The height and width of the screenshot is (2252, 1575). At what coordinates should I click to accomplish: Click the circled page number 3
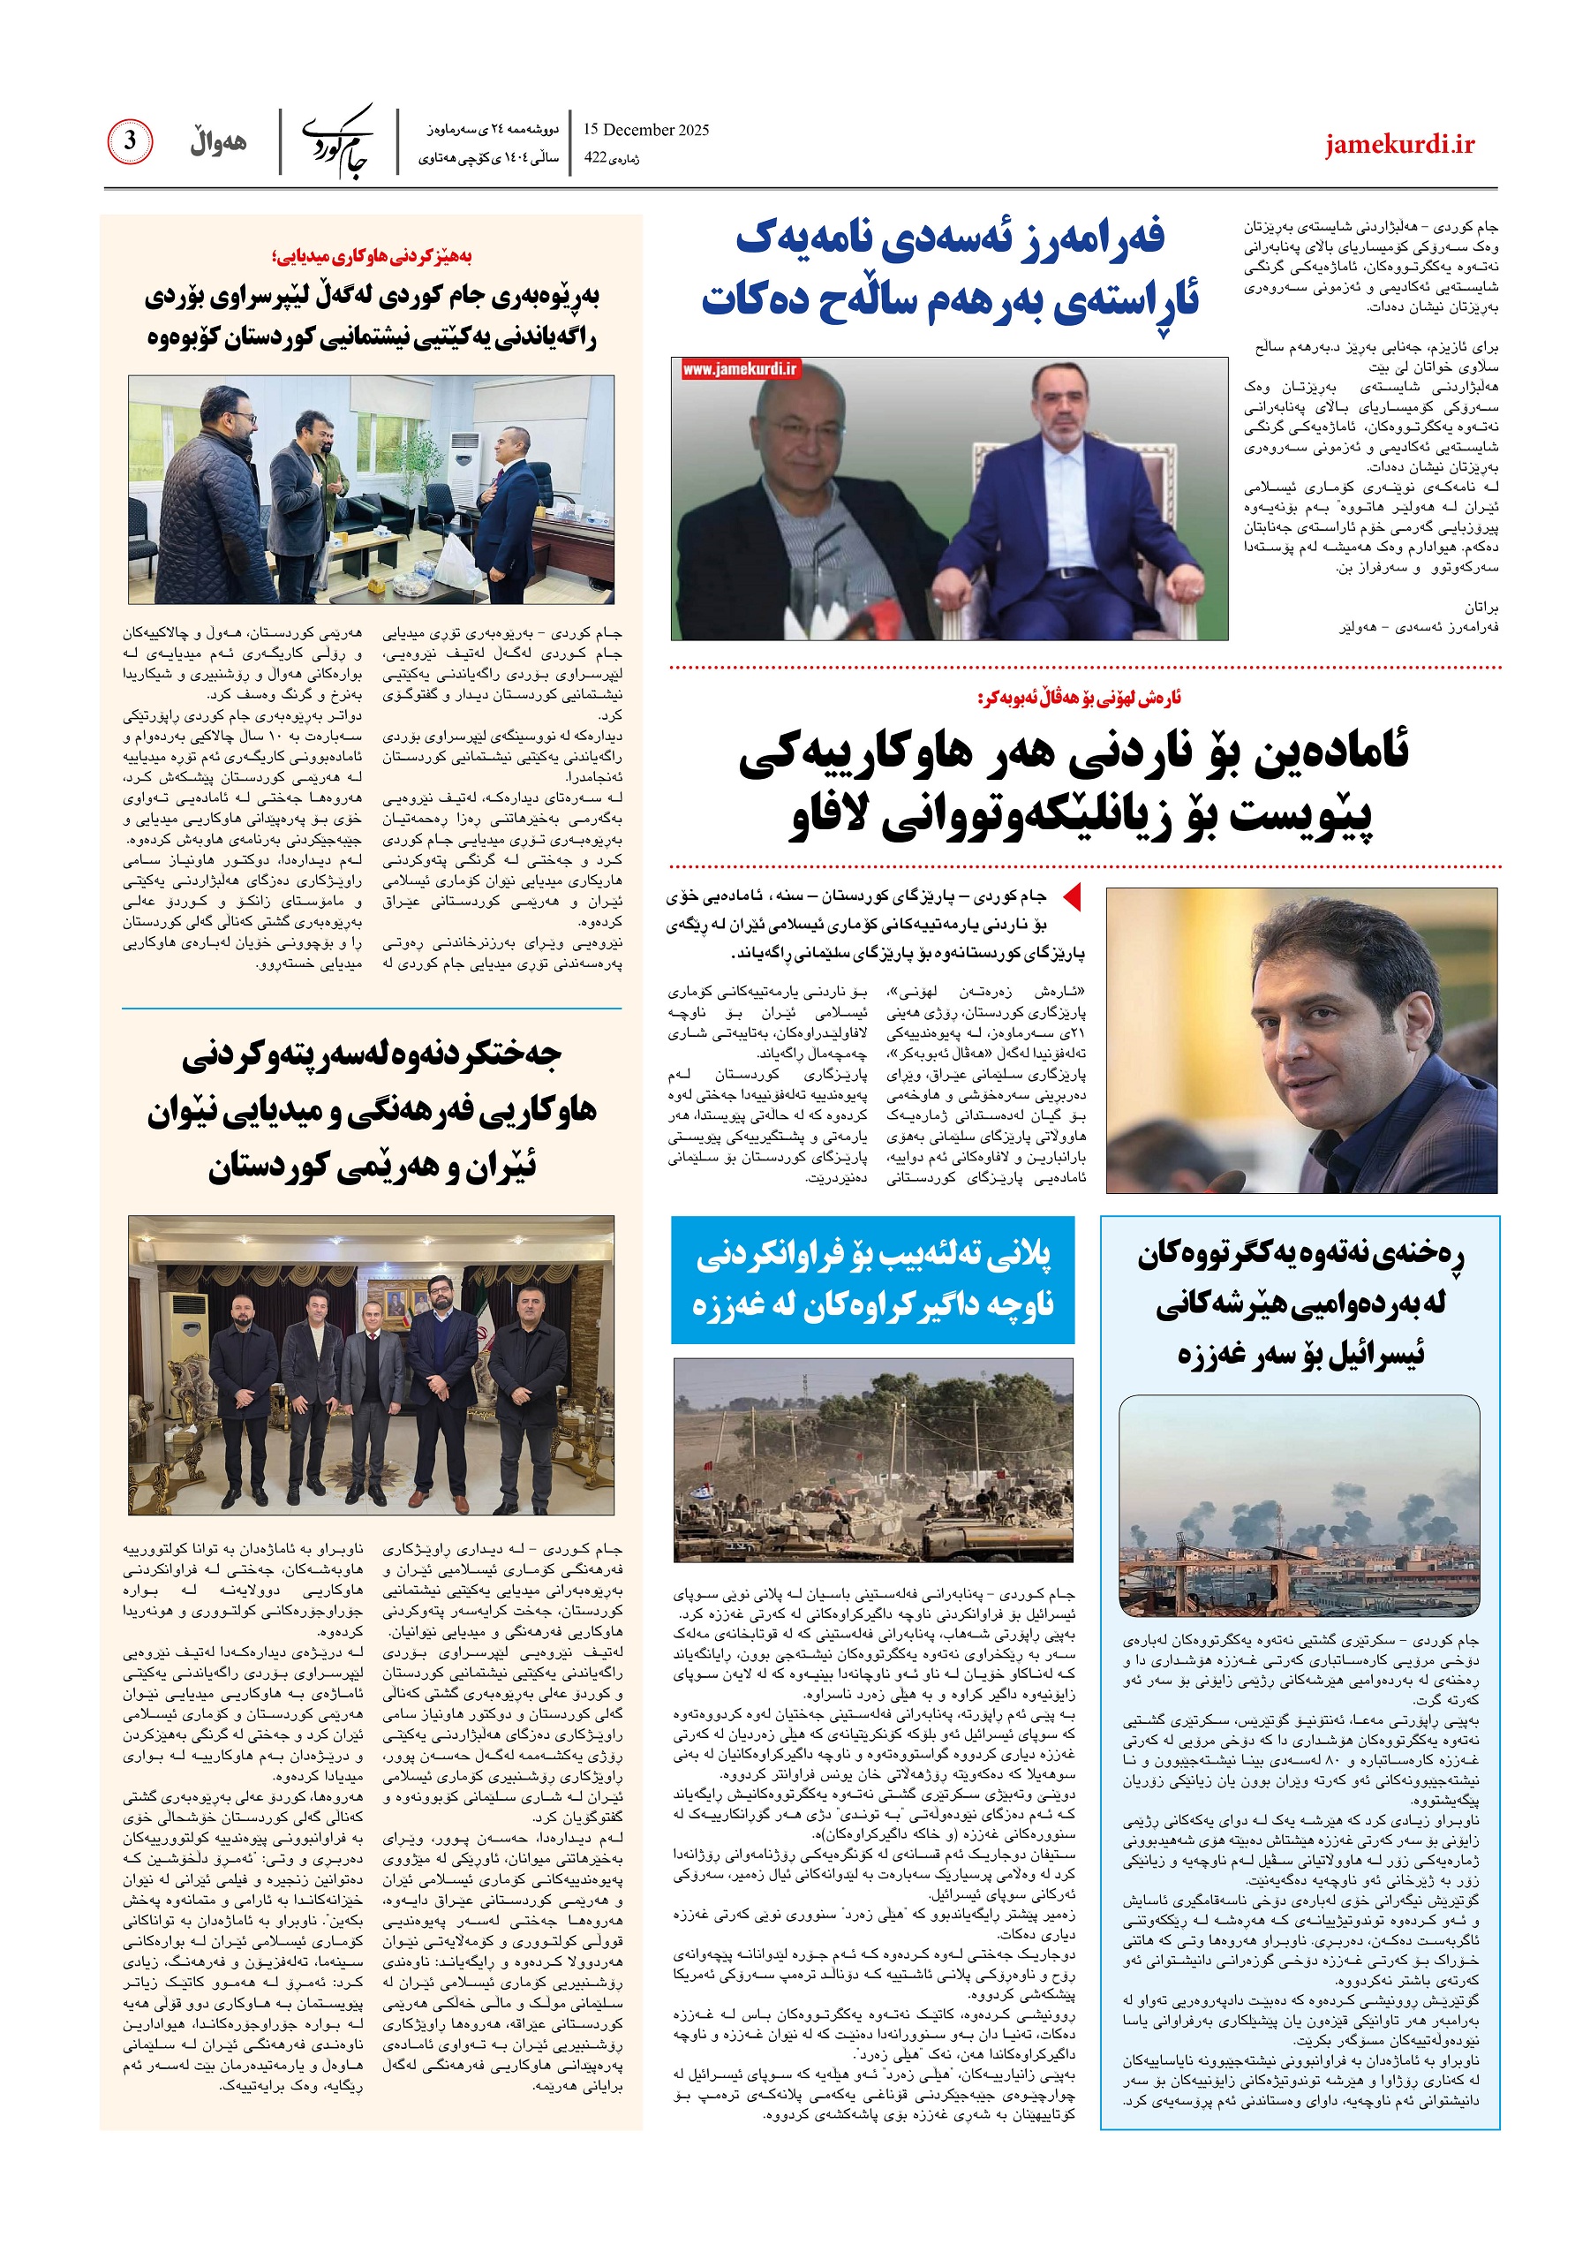[x=130, y=141]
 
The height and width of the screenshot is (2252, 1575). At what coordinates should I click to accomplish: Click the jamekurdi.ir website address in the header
[x=1399, y=144]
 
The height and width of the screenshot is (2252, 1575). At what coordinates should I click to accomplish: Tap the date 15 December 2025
[x=645, y=130]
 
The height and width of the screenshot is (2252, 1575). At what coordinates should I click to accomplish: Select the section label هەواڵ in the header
[x=218, y=142]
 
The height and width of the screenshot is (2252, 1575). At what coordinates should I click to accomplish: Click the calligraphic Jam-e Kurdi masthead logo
[x=338, y=141]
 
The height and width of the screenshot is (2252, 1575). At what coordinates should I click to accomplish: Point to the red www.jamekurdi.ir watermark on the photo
[x=742, y=369]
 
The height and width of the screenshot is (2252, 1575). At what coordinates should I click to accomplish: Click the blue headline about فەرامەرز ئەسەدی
[x=949, y=268]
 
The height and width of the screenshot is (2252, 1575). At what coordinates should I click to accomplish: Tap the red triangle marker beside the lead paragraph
[x=1072, y=896]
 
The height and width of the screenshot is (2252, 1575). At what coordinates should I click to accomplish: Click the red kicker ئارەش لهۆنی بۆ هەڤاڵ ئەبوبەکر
[x=1079, y=698]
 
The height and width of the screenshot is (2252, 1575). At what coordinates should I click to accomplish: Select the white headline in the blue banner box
[x=872, y=1279]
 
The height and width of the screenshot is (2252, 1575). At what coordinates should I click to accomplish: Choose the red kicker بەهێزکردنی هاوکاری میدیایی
[x=372, y=257]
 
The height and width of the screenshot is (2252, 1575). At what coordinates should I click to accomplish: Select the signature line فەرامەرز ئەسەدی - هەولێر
[x=1418, y=627]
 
